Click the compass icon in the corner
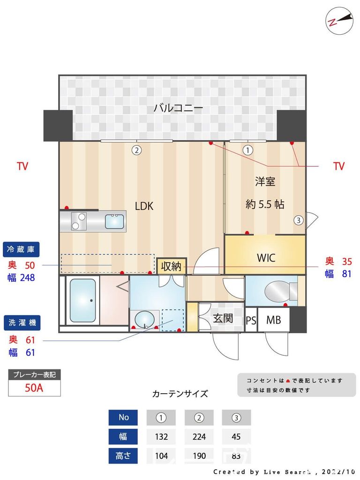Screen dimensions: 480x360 coord(339,20)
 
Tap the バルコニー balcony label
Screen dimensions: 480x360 coord(178,108)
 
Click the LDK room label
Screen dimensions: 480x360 coord(144,206)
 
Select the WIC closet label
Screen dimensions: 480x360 coord(266,258)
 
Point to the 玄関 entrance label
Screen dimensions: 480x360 coord(223,318)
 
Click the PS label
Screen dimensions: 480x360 coord(251,321)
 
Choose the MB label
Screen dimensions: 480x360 coord(273,320)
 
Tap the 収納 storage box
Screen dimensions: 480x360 coord(171,266)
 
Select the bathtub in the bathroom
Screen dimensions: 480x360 coord(82,300)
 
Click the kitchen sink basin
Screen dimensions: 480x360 coord(114,221)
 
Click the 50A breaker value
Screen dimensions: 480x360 coord(34,388)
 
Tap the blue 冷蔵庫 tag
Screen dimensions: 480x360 coord(22,248)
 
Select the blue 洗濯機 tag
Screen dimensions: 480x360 coord(22,322)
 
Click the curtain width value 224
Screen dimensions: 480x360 coord(199,437)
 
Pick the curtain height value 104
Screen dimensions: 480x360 coord(161,456)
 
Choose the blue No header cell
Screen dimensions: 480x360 coord(123,417)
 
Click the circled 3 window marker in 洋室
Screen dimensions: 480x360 coord(298,219)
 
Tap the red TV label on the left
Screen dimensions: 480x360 coord(22,166)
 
